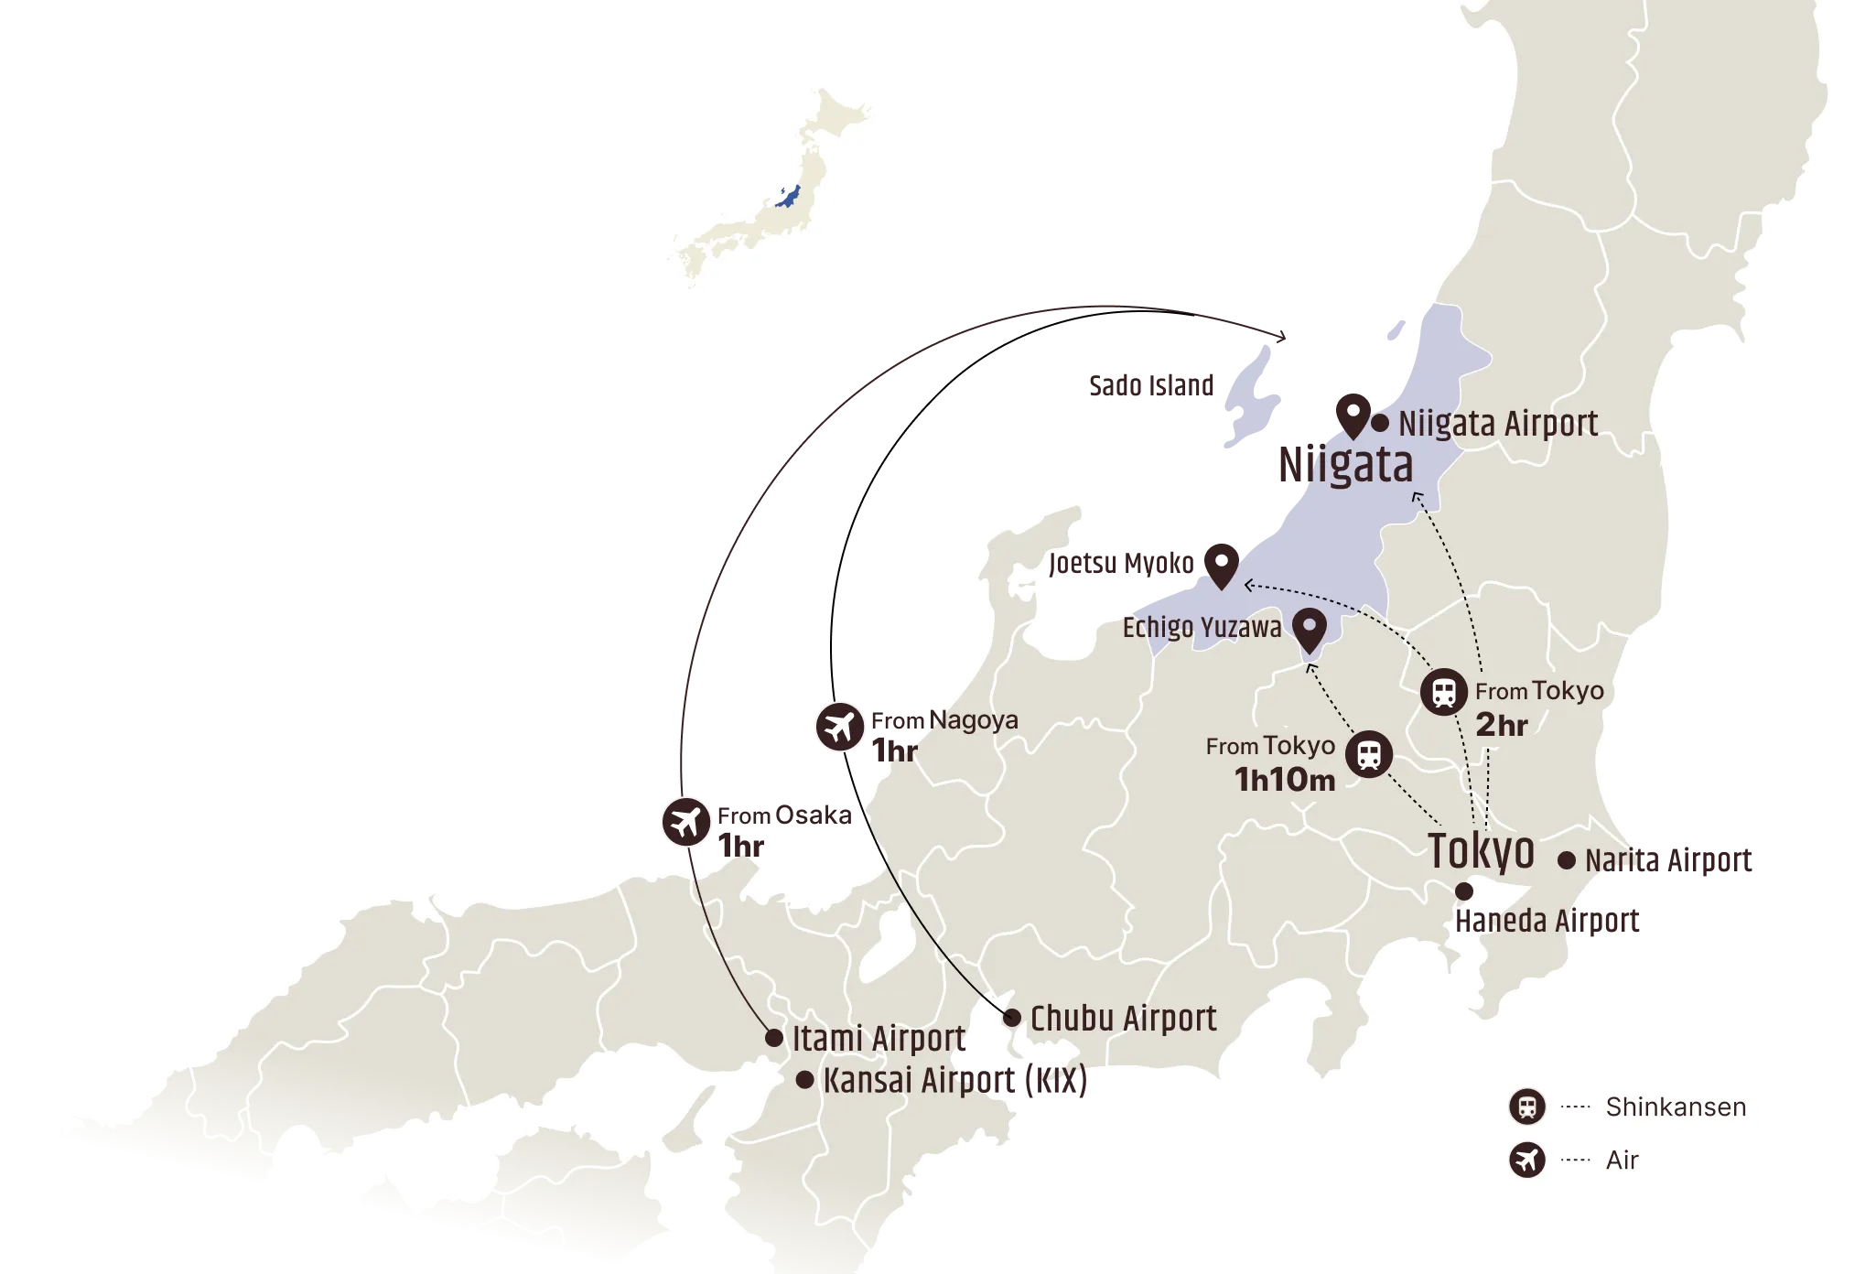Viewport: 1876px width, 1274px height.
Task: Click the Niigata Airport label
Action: click(1498, 424)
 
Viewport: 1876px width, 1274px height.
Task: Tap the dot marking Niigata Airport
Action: click(1380, 423)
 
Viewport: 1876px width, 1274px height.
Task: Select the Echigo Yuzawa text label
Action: click(1202, 628)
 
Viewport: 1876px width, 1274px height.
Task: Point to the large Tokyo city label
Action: click(1481, 851)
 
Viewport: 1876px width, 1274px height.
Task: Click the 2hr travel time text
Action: click(1502, 725)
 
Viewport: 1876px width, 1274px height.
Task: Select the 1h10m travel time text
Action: click(1284, 780)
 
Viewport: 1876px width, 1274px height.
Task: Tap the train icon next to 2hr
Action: click(1444, 692)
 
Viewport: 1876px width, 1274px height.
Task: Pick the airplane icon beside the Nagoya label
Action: click(839, 728)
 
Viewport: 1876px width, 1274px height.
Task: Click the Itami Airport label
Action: click(879, 1039)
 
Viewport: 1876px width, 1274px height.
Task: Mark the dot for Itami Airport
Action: click(774, 1038)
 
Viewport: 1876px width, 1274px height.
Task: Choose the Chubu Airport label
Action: click(1123, 1019)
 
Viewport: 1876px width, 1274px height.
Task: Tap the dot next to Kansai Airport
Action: click(804, 1080)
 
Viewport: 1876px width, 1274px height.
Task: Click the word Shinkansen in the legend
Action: click(1676, 1107)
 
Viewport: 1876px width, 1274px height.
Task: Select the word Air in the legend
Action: click(1622, 1161)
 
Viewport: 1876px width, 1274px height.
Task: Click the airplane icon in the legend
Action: click(1526, 1161)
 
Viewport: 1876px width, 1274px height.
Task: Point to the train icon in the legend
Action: click(1526, 1107)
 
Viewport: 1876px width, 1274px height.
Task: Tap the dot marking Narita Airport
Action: click(1567, 860)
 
